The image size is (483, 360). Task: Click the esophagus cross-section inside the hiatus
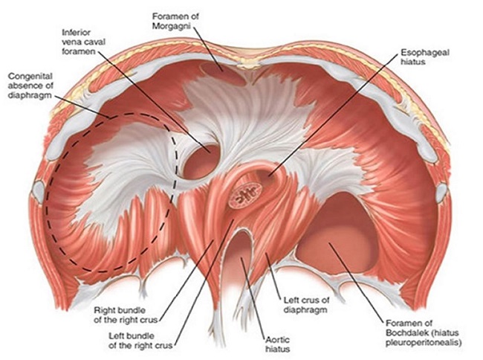coord(244,195)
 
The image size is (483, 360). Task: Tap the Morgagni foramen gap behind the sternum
coord(227,73)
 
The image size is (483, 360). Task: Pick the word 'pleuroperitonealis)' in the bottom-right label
coord(428,343)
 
